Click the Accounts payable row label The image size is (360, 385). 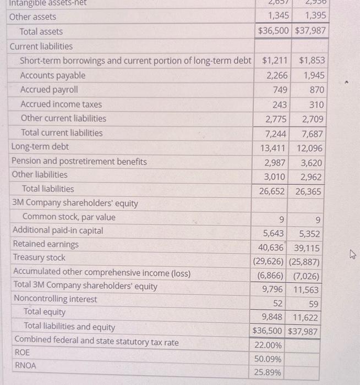[x=53, y=75]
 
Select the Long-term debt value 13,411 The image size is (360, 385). [x=274, y=148]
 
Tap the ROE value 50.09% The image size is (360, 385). [x=268, y=359]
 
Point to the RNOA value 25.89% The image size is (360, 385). [x=268, y=373]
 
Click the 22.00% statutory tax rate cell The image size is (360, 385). [x=268, y=345]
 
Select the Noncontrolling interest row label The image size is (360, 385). [x=54, y=299]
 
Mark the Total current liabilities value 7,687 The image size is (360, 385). [x=312, y=134]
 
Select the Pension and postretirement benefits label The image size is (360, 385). [x=79, y=161]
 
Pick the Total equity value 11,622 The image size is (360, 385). [x=307, y=317]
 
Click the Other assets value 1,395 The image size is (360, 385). [x=312, y=16]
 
